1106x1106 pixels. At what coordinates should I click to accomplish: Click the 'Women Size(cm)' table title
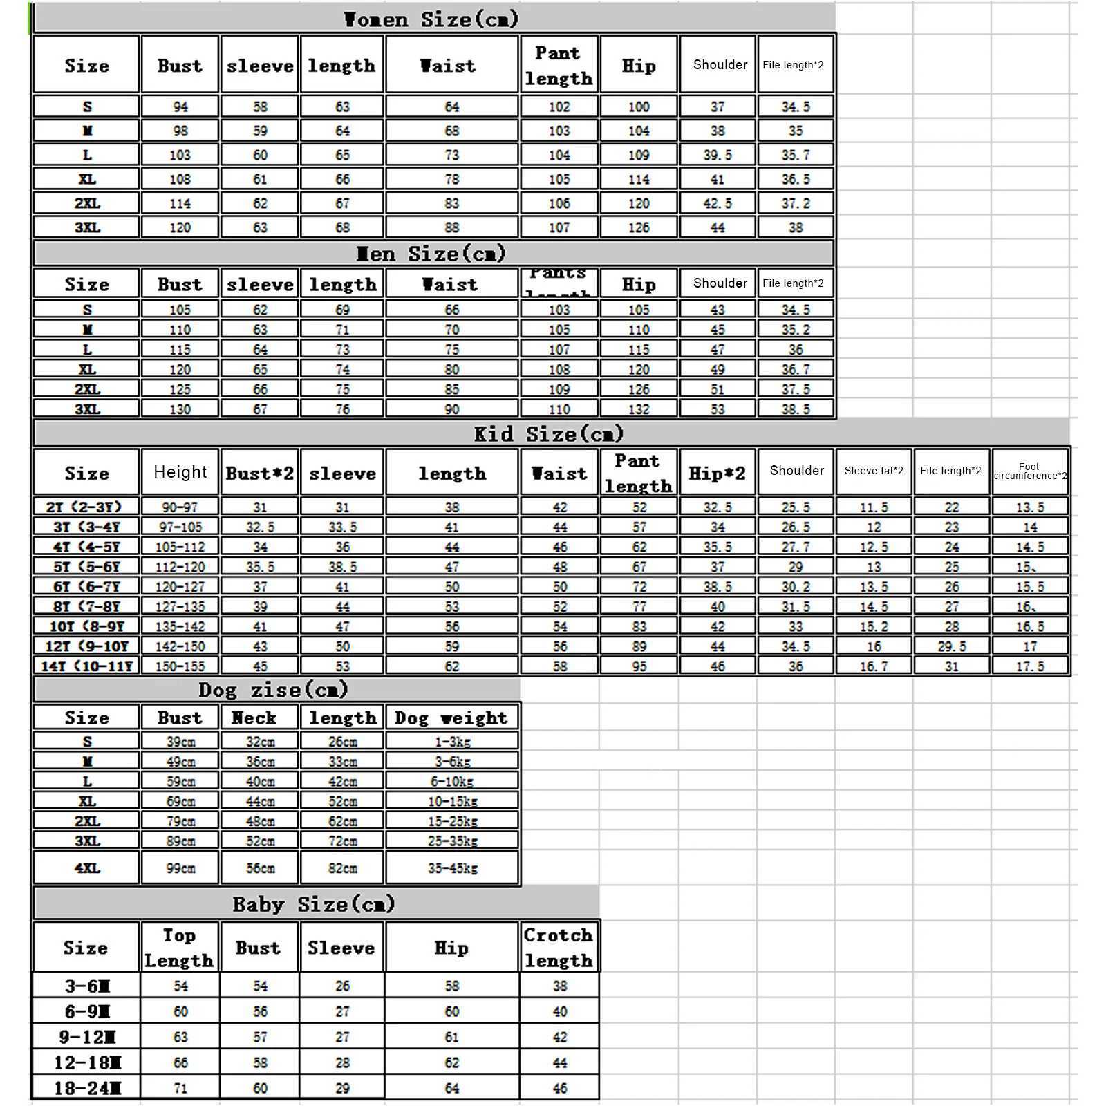(431, 19)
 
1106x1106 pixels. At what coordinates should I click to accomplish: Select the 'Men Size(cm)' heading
(431, 254)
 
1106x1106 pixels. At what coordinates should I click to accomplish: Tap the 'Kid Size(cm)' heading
(549, 434)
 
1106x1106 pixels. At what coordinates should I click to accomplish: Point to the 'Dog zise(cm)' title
(273, 690)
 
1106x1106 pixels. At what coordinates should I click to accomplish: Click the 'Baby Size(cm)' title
(314, 904)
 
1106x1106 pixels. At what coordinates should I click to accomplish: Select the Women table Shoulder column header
(720, 65)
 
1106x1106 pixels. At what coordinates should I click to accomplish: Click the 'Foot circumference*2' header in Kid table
(1030, 471)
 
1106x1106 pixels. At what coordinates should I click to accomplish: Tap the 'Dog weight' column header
(451, 718)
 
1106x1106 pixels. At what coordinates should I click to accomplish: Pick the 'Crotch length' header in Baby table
(559, 948)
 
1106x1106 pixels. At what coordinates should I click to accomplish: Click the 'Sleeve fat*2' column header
(874, 471)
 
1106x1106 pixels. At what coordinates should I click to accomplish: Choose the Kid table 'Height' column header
(180, 472)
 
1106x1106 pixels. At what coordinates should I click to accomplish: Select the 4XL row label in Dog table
(87, 868)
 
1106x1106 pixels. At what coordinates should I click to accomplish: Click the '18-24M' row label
(87, 1088)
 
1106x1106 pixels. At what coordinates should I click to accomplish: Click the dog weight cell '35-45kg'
(452, 868)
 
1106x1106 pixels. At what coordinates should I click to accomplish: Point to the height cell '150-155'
(180, 666)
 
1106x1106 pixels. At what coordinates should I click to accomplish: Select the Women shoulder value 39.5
(718, 155)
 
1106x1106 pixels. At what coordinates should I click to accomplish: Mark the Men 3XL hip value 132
(639, 409)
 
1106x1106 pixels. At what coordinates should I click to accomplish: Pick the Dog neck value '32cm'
(260, 742)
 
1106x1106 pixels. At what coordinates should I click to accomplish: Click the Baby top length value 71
(180, 1088)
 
